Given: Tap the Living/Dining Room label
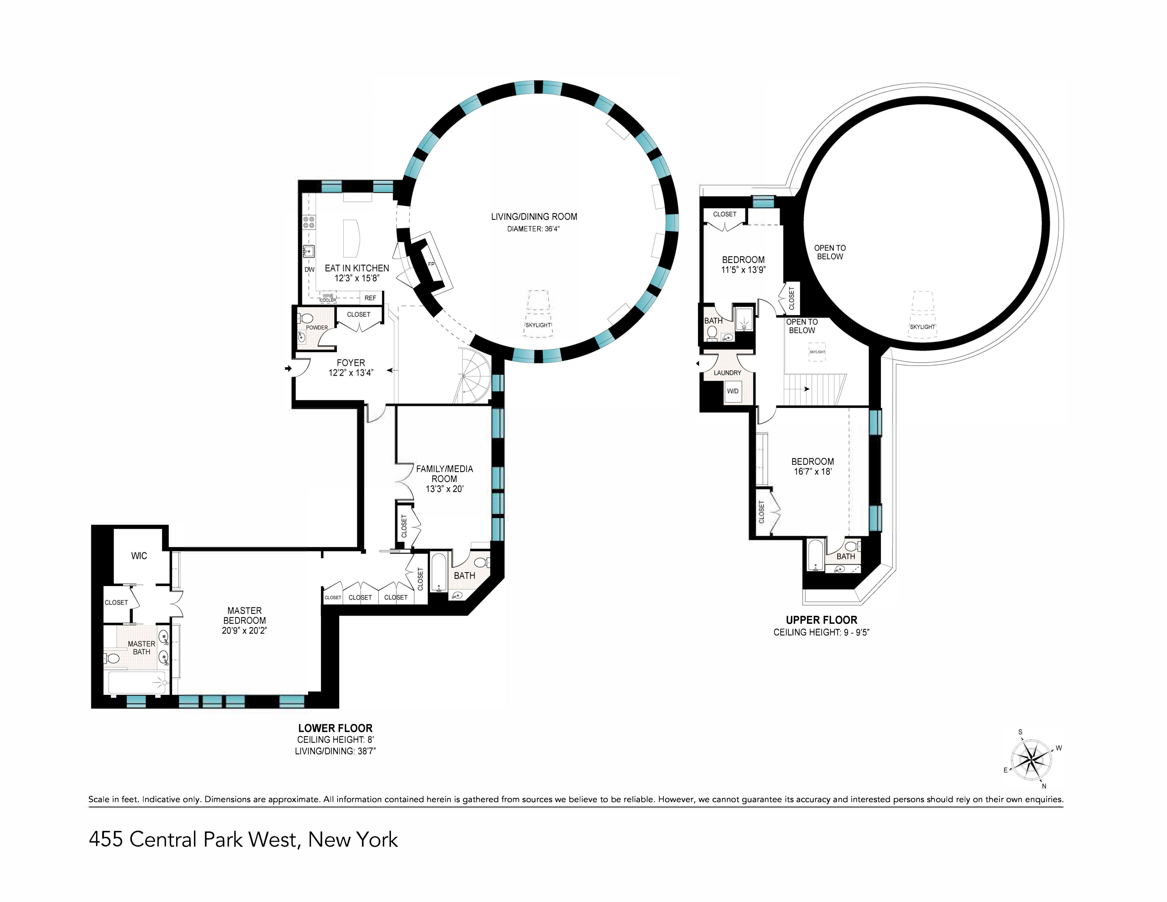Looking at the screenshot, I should tap(534, 217).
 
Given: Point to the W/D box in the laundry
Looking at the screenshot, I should tap(733, 391).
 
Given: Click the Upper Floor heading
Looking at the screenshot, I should tap(821, 620).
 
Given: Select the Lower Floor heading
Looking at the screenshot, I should tap(335, 728).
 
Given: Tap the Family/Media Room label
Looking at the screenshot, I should tap(445, 473).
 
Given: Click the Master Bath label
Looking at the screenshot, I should tap(142, 648).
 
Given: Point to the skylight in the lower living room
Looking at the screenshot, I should tap(538, 315).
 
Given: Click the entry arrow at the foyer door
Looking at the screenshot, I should tap(288, 368).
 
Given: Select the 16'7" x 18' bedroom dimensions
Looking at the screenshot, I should tap(812, 471).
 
